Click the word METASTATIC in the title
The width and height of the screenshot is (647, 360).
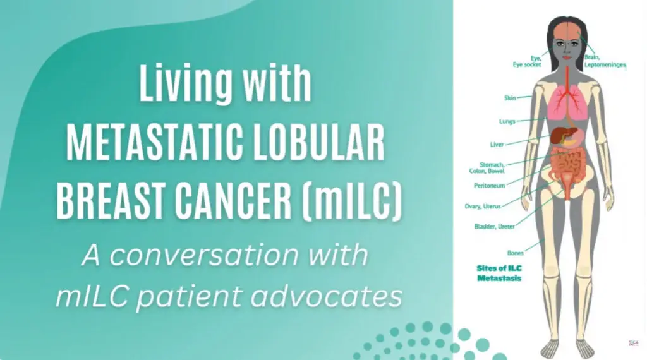155,142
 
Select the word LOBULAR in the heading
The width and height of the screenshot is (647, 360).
319,142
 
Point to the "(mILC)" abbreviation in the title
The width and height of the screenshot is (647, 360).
352,201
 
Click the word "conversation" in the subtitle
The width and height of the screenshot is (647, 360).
204,255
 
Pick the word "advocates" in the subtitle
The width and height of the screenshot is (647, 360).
326,296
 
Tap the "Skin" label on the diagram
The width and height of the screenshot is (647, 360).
510,98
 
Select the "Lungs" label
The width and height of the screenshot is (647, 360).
507,121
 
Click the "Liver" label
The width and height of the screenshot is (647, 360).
497,145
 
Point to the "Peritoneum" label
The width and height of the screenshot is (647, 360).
490,186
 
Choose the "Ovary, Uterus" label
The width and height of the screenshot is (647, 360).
482,206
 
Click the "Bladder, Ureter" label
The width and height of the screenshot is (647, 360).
494,226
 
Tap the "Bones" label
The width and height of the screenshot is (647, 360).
516,253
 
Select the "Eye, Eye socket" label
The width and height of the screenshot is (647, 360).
527,61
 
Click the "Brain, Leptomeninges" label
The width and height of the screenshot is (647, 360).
605,61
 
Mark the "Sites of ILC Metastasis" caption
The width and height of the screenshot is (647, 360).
499,273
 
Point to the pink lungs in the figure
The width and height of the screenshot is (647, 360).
567,103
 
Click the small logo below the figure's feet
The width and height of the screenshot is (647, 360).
632,343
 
